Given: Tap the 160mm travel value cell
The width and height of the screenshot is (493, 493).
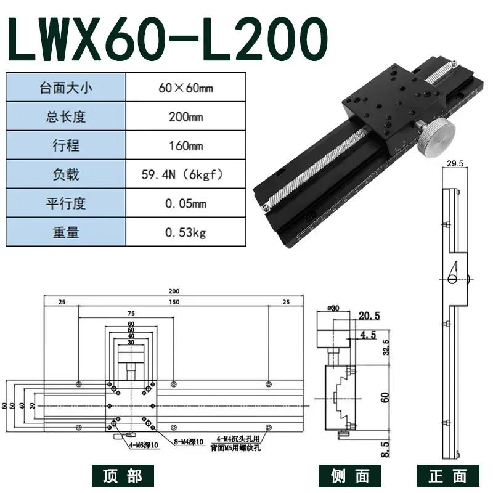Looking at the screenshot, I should point(185,146).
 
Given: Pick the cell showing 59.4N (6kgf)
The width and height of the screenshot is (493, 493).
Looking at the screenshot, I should point(185,175).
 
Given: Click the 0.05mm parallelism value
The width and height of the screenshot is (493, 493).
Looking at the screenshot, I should point(185,204).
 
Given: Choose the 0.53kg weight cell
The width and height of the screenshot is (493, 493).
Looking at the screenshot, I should point(185,233).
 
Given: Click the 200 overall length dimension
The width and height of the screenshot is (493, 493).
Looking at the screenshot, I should point(174,291).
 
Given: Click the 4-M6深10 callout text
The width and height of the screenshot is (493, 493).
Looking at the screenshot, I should point(141,445).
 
